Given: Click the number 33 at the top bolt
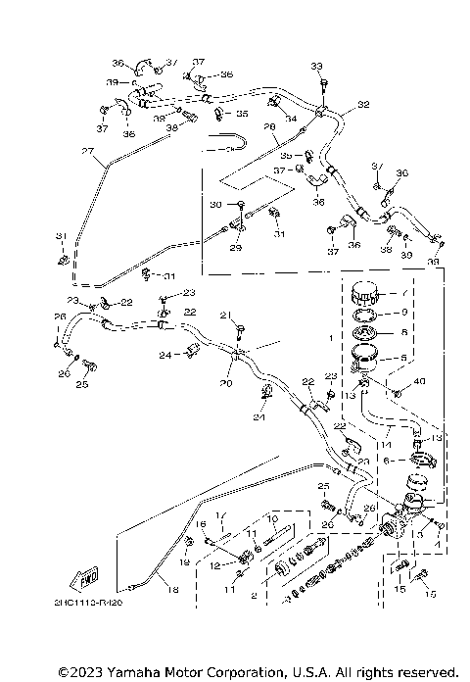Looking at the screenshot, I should coord(316,66).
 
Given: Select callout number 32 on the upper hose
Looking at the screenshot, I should coord(363,104).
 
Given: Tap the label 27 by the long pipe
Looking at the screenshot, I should coord(86,151).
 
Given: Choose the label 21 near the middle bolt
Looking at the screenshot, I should coord(223,315).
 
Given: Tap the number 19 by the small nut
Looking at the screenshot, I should coord(184,563).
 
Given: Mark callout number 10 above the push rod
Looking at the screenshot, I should coord(273,517).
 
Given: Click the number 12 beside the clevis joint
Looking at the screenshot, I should coord(214,564).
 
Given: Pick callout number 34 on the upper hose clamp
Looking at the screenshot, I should coord(290,119).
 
